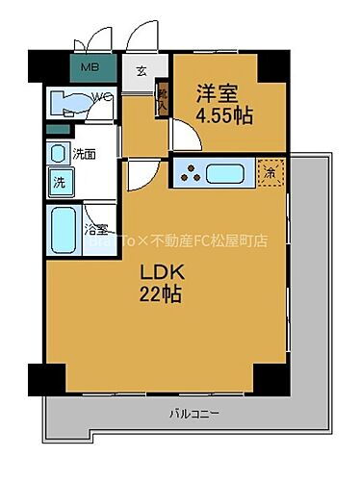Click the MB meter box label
click(89, 67)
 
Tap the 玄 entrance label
click(141, 69)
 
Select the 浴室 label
click(95, 230)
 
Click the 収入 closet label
click(163, 100)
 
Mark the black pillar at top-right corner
click(273, 63)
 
